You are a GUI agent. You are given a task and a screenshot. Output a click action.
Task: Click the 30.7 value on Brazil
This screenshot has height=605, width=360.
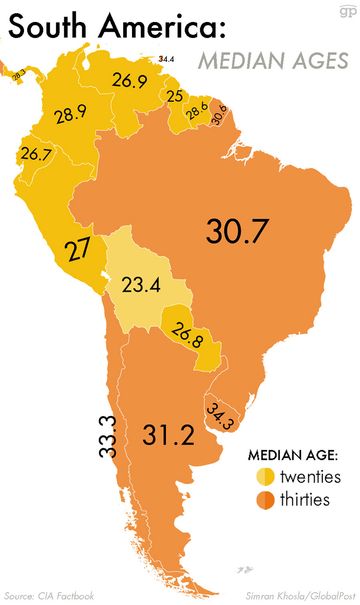point(238,231)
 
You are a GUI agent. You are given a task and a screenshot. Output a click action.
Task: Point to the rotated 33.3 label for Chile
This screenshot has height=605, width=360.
point(108,436)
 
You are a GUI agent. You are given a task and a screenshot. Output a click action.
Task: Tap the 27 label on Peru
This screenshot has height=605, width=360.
point(78,250)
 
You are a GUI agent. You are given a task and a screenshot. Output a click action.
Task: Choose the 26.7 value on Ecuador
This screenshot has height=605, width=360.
point(35,155)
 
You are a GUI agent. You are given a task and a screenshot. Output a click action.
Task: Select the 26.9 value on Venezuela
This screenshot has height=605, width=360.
point(129,81)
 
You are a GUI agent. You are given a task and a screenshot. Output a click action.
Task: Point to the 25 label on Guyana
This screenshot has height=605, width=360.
point(174,97)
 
